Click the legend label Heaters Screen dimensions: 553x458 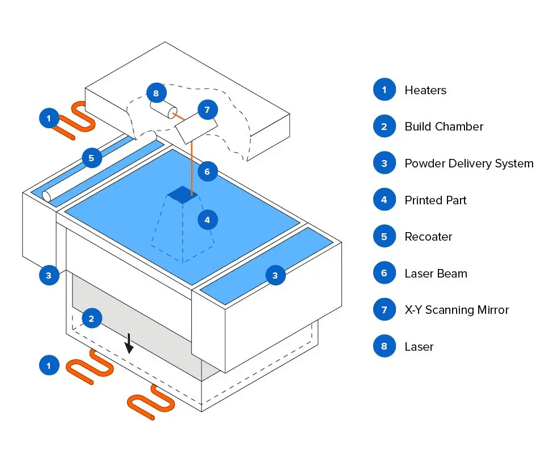pos(425,90)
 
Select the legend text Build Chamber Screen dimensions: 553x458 pos(444,127)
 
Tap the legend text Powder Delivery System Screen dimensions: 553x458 pos(469,163)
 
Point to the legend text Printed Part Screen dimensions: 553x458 pos(436,200)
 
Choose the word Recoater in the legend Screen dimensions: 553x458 pos(429,237)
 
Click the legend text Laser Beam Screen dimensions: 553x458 pos(436,274)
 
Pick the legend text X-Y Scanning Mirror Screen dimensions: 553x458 pos(457,310)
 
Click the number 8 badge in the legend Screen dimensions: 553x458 pos(385,346)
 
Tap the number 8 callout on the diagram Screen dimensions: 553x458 pos(156,93)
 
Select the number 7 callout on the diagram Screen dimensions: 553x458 pos(208,110)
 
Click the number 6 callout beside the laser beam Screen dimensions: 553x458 pos(208,171)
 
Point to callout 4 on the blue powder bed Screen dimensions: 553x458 pos(208,220)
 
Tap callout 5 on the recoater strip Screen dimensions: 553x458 pos(92,158)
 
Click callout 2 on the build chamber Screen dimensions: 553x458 pos(92,318)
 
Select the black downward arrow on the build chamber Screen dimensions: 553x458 pos(129,343)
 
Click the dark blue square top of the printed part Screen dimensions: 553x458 pos(183,195)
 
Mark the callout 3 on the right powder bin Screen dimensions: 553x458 pos(275,275)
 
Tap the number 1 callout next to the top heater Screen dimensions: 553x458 pos(49,118)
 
